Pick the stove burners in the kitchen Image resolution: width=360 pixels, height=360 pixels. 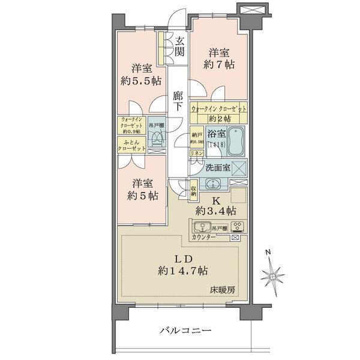click(236, 227)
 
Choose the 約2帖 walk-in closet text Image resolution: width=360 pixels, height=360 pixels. click(218, 119)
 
